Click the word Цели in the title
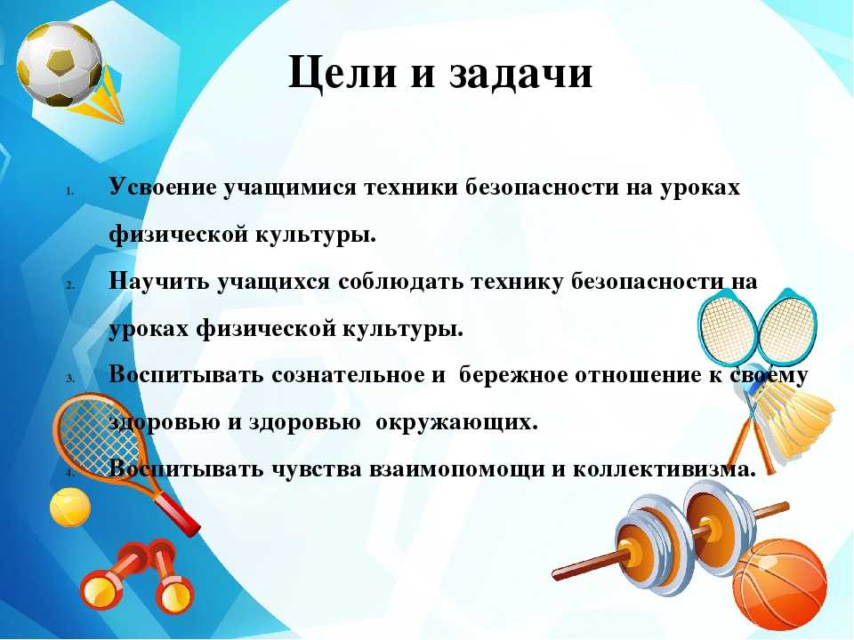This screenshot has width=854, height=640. pos(342,73)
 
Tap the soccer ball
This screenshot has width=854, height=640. pos(59,64)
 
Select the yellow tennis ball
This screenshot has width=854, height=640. pos(70,507)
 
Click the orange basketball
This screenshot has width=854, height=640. pos(780,584)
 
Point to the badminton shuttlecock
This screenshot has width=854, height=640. pos(795,413)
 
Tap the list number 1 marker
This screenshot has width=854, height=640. pos(70,191)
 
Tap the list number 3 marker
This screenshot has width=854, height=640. pos(70,379)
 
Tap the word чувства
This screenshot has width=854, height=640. pos(317,469)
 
